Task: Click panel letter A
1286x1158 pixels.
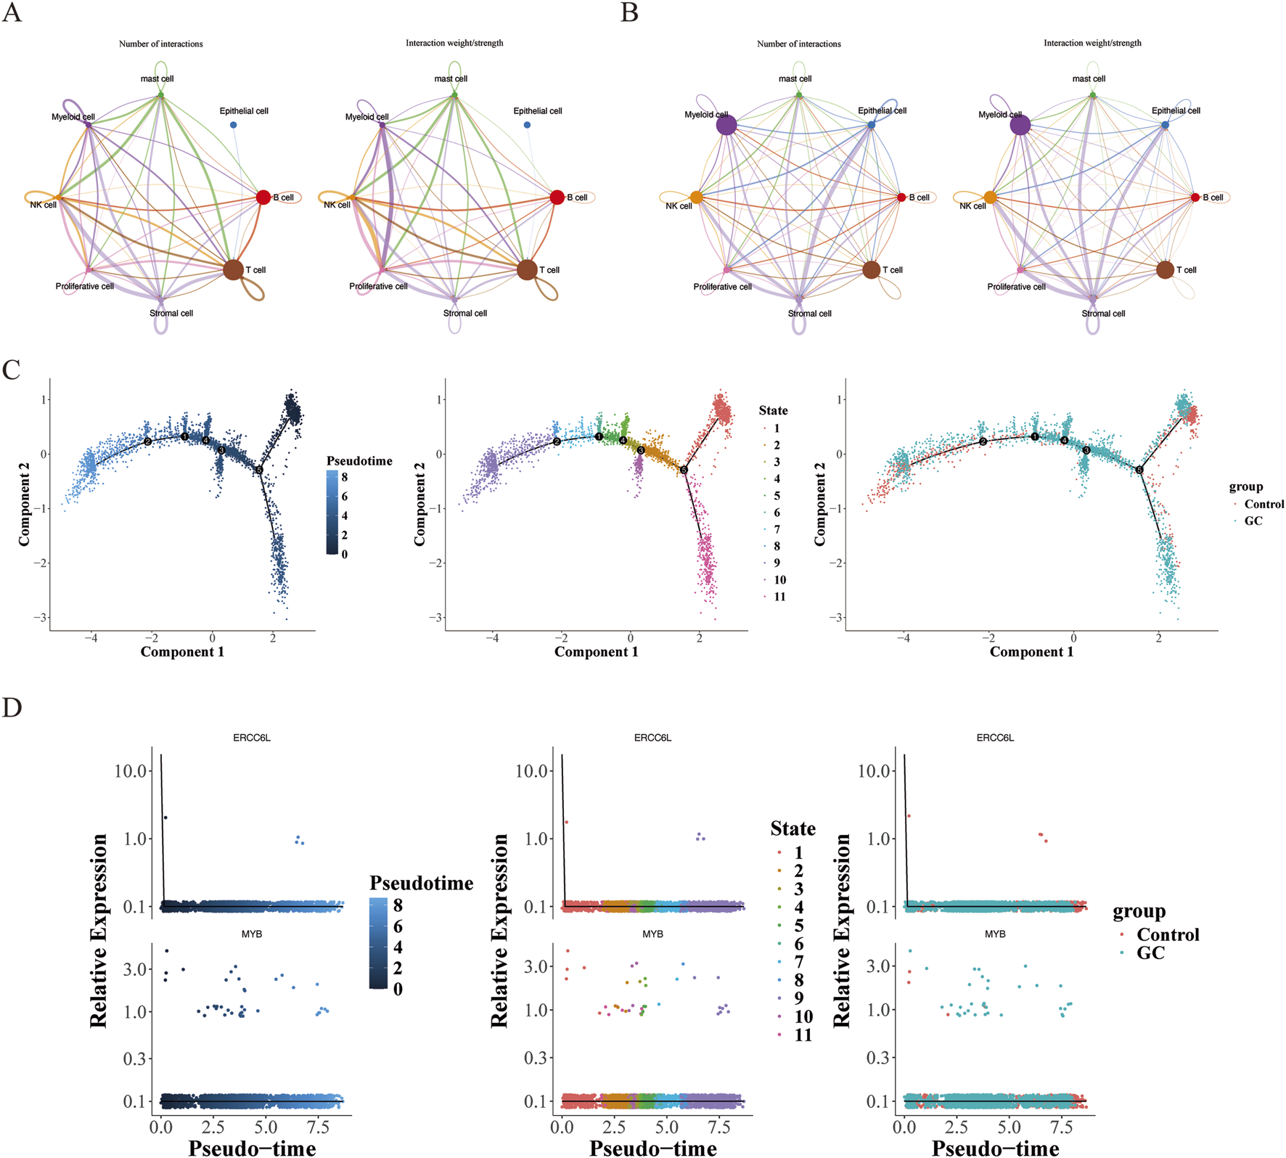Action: point(12,13)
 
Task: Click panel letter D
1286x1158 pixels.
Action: point(12,706)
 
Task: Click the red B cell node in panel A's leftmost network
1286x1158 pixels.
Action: point(263,197)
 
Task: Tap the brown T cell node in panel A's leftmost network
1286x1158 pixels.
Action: point(233,269)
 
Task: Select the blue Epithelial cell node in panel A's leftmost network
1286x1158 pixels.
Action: point(234,125)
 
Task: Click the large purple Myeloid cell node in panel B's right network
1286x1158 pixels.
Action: point(1020,125)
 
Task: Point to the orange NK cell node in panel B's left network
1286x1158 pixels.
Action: point(696,197)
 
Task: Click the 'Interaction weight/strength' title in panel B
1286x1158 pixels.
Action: point(1092,44)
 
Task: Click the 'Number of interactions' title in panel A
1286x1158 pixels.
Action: point(161,44)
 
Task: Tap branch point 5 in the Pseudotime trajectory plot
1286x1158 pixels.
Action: point(259,470)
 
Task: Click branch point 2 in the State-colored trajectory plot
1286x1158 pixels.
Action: point(557,441)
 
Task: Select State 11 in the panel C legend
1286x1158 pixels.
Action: point(779,597)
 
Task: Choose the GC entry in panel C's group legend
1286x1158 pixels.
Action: point(1253,521)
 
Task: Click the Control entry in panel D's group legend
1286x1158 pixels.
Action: point(1167,934)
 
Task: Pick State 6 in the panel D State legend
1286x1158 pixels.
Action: point(798,944)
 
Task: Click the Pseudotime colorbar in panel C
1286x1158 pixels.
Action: point(332,512)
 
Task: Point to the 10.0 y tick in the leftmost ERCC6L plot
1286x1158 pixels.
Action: point(131,770)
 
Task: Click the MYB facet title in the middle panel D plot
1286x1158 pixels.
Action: point(652,934)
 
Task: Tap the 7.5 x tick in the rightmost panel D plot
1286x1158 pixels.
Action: point(1062,1129)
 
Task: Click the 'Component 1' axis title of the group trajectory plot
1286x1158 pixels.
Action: point(1031,652)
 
